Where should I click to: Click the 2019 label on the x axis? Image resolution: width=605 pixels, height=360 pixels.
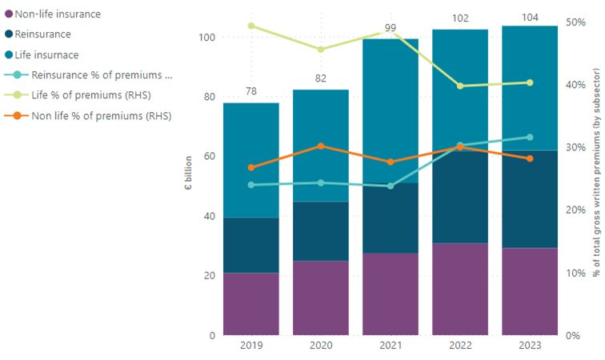click(251, 346)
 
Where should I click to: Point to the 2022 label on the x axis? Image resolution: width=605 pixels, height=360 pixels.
click(460, 346)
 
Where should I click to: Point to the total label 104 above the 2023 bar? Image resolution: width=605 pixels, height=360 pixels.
click(530, 16)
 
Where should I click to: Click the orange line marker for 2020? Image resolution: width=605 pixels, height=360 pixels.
click(321, 146)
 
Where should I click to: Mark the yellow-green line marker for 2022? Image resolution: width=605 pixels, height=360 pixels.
click(460, 86)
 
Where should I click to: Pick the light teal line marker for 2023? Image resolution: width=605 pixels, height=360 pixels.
click(530, 137)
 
